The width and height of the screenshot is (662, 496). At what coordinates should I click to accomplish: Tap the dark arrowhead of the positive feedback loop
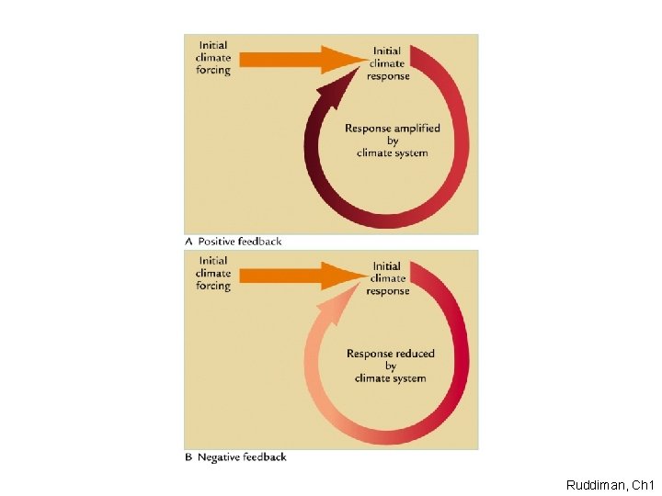point(331,93)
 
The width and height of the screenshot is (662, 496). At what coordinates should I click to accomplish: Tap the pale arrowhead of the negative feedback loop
point(330,309)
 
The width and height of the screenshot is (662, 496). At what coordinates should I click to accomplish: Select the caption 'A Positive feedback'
point(234,242)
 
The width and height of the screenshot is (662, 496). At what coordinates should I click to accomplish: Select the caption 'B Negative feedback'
point(236,457)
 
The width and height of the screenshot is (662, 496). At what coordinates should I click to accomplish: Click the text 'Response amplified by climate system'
point(393,141)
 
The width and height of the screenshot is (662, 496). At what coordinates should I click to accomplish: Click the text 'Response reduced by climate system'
point(391,366)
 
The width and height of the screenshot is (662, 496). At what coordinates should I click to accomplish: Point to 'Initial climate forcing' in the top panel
point(212,58)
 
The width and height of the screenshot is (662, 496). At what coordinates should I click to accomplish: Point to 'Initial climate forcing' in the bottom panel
point(212,273)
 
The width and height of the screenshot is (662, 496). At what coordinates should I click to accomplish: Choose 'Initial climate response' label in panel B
point(387,278)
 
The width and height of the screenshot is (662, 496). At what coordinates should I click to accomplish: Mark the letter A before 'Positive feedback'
point(188,242)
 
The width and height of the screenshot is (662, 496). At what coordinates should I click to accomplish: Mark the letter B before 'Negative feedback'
point(189,457)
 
